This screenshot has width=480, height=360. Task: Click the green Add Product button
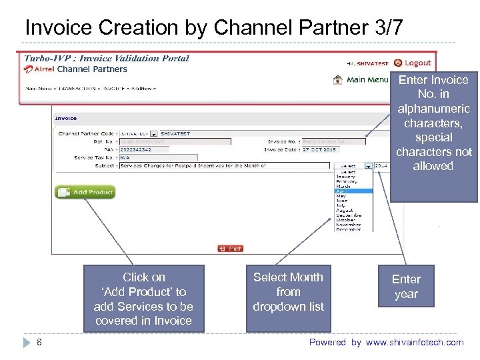85,192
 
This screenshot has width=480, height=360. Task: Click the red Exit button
231,248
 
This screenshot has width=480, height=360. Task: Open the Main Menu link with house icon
361,80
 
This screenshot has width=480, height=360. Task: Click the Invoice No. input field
332,141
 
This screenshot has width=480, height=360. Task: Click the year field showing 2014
381,165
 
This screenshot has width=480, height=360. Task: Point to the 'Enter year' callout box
406,287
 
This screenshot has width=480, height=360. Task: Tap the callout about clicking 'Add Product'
143,298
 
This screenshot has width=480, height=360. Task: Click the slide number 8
40,342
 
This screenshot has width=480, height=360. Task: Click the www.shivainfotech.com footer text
414,342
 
